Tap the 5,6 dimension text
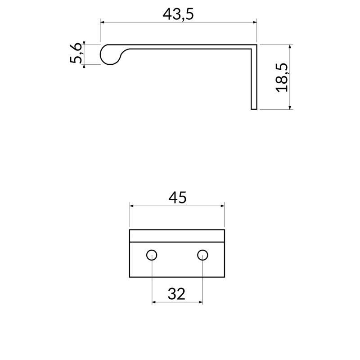pos(77,54)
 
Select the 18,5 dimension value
pos(282,77)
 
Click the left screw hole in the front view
pos(152,255)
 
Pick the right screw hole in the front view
pos(202,255)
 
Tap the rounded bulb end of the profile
pos(108,54)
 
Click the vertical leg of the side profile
pos(254,79)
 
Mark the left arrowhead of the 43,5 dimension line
pos(102,21)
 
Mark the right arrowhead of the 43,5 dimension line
pos(254,21)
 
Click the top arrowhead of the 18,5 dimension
pos(290,47)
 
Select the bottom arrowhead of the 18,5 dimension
pos(290,107)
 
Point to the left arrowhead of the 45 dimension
pos(132,205)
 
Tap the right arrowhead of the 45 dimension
pos(222,205)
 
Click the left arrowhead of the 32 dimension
pos(154,302)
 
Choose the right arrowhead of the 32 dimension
pos(200,302)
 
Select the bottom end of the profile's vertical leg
pos(254,108)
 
